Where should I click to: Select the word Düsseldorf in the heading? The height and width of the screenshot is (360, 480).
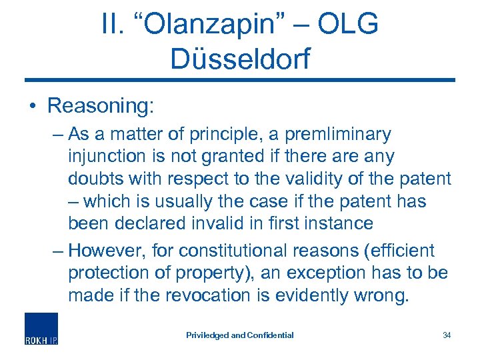[240, 58]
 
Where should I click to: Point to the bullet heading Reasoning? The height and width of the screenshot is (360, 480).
[101, 105]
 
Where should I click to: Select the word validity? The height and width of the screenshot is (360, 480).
[307, 179]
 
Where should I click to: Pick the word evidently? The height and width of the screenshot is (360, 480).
[325, 295]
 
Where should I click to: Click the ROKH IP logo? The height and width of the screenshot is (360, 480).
[41, 328]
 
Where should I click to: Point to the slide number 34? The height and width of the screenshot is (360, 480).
[447, 335]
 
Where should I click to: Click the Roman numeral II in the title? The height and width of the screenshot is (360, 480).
[110, 25]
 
